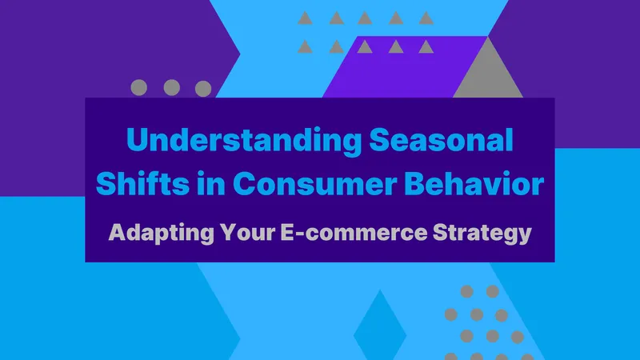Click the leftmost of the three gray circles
coord(139,87)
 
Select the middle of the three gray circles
coord(171,87)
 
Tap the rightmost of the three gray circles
coord(203,87)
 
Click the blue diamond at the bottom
coord(380,326)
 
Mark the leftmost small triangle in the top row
coord(304,18)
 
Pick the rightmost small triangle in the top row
coord(426,18)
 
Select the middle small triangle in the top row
coord(365,18)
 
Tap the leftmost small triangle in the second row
coord(304,46)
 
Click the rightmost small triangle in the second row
coord(426,46)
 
